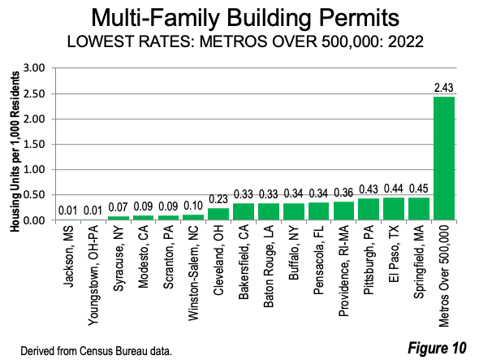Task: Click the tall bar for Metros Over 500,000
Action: tap(444, 158)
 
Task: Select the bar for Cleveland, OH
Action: tap(218, 214)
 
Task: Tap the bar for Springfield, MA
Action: tap(419, 209)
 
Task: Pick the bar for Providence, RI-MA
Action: tap(343, 210)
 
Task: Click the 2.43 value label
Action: tap(444, 88)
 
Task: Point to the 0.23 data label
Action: tap(218, 199)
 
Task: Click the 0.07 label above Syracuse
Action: tap(118, 207)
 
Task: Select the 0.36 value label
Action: tap(343, 193)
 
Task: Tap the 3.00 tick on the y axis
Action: tap(34, 68)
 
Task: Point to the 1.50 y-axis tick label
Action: tap(34, 144)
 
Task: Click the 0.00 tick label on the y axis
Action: tap(34, 220)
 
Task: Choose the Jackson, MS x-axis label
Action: tap(68, 257)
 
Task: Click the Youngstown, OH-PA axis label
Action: tap(93, 275)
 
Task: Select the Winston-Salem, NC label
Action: tap(193, 273)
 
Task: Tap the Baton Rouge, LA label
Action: tap(269, 267)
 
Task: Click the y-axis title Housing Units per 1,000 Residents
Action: tap(15, 152)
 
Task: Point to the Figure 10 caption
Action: tap(437, 348)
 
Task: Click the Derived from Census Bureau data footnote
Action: tap(97, 351)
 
